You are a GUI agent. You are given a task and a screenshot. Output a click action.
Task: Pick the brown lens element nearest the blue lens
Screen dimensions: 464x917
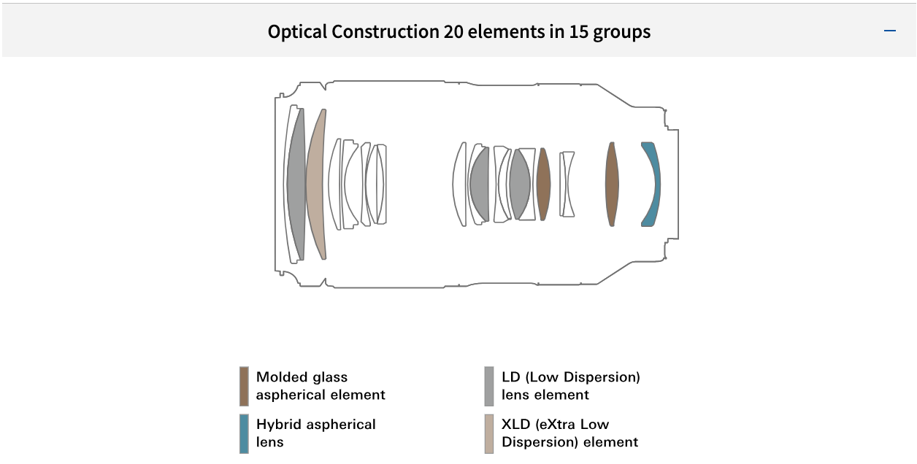pos(612,184)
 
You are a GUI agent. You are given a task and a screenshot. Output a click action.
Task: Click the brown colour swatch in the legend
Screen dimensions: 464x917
pos(244,386)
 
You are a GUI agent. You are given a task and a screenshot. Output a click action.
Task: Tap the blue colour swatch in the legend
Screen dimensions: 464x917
pos(244,433)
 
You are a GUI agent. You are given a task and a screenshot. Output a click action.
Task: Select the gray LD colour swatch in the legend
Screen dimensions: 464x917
pos(489,386)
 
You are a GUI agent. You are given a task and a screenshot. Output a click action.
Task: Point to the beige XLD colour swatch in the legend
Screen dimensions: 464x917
pos(489,433)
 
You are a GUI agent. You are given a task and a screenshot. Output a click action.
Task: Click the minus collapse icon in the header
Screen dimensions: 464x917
pos(889,31)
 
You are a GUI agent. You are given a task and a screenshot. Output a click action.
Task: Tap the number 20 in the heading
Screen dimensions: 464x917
pos(453,32)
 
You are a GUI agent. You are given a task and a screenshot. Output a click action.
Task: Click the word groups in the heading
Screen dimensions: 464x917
pos(620,32)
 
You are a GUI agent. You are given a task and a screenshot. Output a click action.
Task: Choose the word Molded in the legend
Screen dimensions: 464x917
pos(281,377)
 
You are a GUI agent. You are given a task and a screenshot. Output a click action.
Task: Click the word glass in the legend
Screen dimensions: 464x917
pos(330,377)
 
